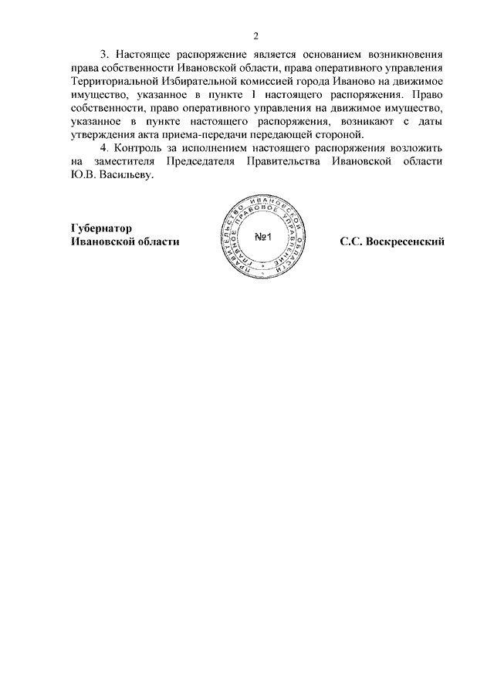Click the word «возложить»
[x=414, y=148]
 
